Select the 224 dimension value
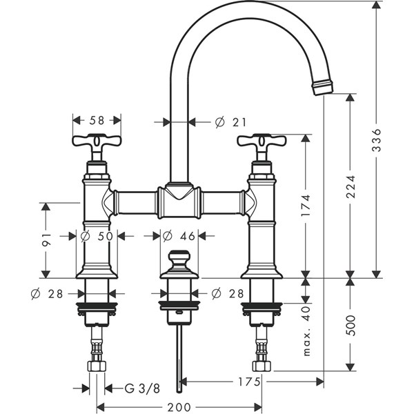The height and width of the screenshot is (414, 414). pyautogui.click(x=351, y=184)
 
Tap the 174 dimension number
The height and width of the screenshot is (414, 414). pyautogui.click(x=306, y=205)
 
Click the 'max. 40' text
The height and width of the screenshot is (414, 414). pyautogui.click(x=306, y=331)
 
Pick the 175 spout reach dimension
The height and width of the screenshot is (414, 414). pyautogui.click(x=249, y=381)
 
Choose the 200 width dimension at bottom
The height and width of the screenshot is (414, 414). pyautogui.click(x=179, y=407)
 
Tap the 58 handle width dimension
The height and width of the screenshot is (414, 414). pyautogui.click(x=97, y=120)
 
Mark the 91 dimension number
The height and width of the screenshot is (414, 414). pyautogui.click(x=46, y=239)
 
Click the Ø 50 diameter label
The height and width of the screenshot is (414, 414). pyautogui.click(x=97, y=236)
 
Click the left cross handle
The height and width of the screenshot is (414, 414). pyautogui.click(x=97, y=143)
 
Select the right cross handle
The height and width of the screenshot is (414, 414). pyautogui.click(x=262, y=143)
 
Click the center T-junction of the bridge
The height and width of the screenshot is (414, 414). pyautogui.click(x=179, y=201)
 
